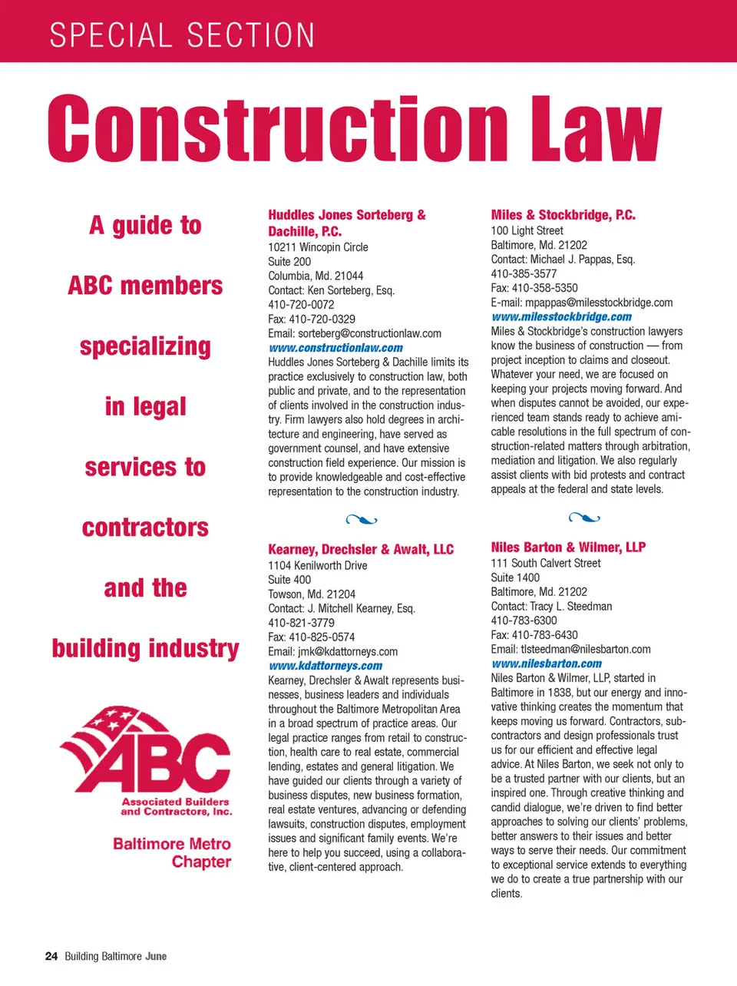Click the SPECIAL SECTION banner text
[x=182, y=35]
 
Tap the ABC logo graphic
[x=145, y=752]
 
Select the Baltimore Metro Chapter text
[x=172, y=852]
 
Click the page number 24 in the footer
[x=51, y=956]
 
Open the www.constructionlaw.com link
[x=335, y=348]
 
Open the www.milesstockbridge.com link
[x=561, y=316]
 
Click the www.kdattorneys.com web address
[x=325, y=666]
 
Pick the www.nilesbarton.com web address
[x=546, y=663]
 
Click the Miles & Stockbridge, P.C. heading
[x=563, y=215]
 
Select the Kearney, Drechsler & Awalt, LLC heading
[x=361, y=549]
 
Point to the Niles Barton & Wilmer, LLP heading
[x=568, y=547]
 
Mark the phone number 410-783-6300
[x=524, y=620]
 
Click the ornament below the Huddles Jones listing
[x=362, y=520]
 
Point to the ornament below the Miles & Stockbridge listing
[x=584, y=518]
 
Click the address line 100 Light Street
[x=527, y=230]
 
